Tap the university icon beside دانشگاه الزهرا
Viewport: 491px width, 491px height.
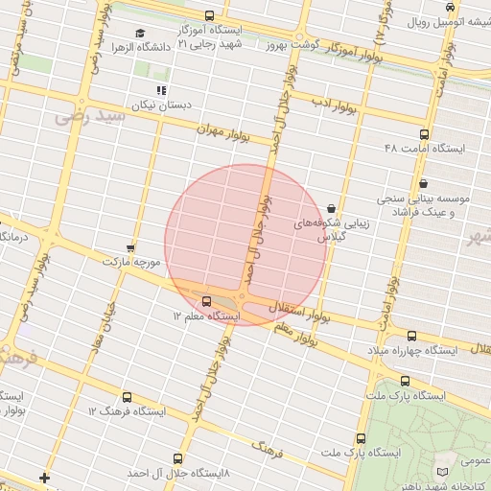(141, 33)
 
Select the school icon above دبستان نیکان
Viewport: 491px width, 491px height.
(175, 90)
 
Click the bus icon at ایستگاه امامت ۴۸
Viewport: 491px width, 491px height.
(424, 134)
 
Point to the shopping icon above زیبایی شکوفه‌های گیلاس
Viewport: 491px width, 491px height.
(331, 207)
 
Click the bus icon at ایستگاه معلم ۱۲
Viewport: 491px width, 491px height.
(207, 301)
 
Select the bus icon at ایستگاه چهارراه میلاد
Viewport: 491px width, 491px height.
(411, 336)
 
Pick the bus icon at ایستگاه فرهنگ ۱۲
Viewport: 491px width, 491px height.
(128, 396)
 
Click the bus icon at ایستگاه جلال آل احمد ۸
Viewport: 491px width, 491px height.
(177, 459)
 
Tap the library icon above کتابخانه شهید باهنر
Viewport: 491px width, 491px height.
(441, 472)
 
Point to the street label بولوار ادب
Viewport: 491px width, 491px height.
(334, 105)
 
